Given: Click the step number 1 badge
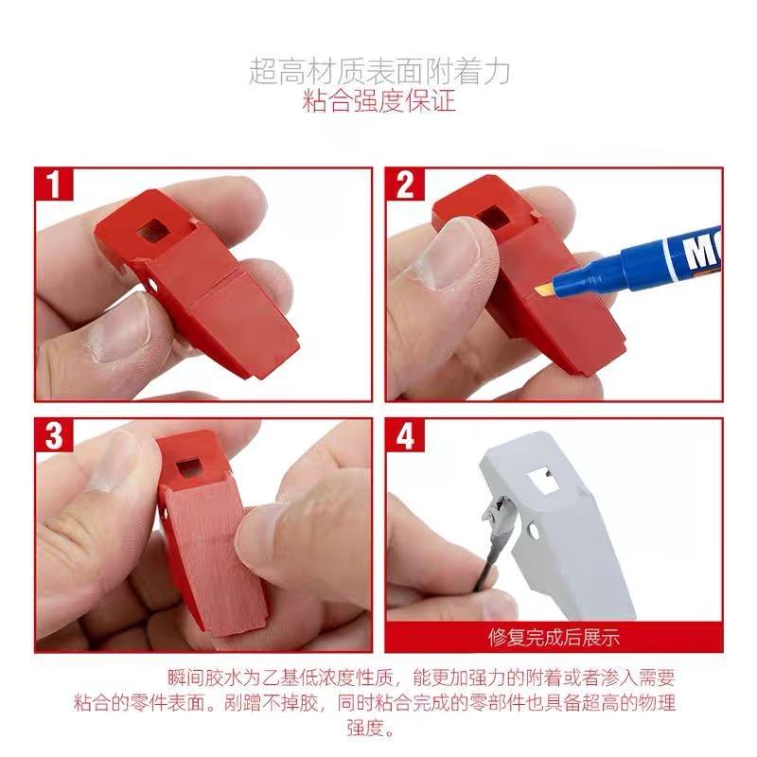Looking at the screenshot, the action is tap(54, 184).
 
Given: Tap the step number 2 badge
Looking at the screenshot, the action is tap(405, 184).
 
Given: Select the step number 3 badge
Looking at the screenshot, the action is tap(54, 435).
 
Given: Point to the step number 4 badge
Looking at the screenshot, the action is tap(405, 435).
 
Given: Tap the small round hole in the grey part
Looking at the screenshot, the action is tap(535, 531).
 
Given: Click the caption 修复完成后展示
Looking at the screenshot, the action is tap(554, 637).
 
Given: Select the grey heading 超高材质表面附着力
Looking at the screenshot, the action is tap(379, 72).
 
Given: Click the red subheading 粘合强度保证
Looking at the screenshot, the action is tap(379, 101).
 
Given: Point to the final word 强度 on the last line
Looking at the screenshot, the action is tap(364, 728).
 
